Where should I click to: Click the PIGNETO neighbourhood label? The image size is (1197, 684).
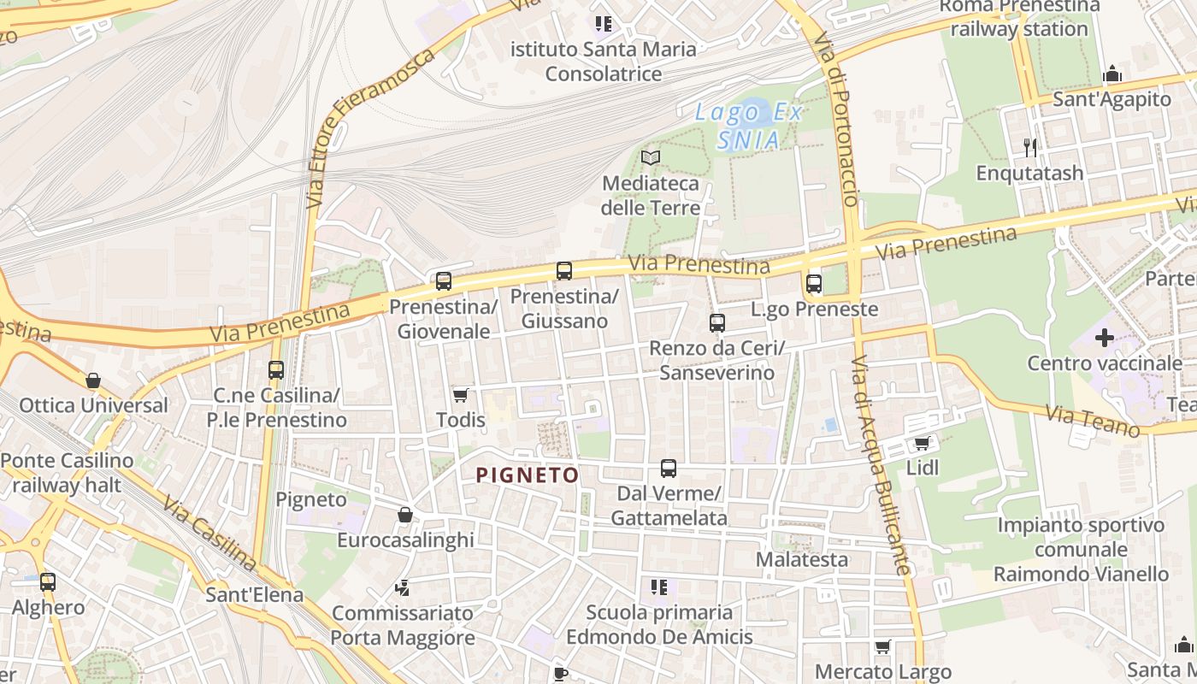click(527, 475)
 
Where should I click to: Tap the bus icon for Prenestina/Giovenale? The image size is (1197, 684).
click(443, 280)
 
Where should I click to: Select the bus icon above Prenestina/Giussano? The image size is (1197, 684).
click(564, 271)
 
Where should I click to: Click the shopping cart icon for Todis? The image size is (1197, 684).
click(461, 395)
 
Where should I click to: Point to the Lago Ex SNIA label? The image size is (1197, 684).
click(748, 126)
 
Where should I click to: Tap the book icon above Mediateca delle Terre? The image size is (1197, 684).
click(651, 157)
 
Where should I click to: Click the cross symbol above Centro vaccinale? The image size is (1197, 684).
click(1105, 338)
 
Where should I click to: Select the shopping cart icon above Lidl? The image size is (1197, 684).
click(922, 443)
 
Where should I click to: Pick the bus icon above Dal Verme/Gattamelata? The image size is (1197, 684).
click(669, 469)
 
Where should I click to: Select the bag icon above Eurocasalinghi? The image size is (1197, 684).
click(405, 515)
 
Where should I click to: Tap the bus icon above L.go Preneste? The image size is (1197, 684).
click(814, 283)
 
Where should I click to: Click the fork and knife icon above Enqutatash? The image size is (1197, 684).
click(1030, 147)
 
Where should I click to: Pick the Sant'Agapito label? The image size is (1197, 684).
click(1111, 99)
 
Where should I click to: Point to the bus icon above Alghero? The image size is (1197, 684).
click(48, 582)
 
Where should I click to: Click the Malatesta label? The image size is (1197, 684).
click(802, 560)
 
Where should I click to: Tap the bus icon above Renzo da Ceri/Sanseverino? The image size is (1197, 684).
click(717, 323)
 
